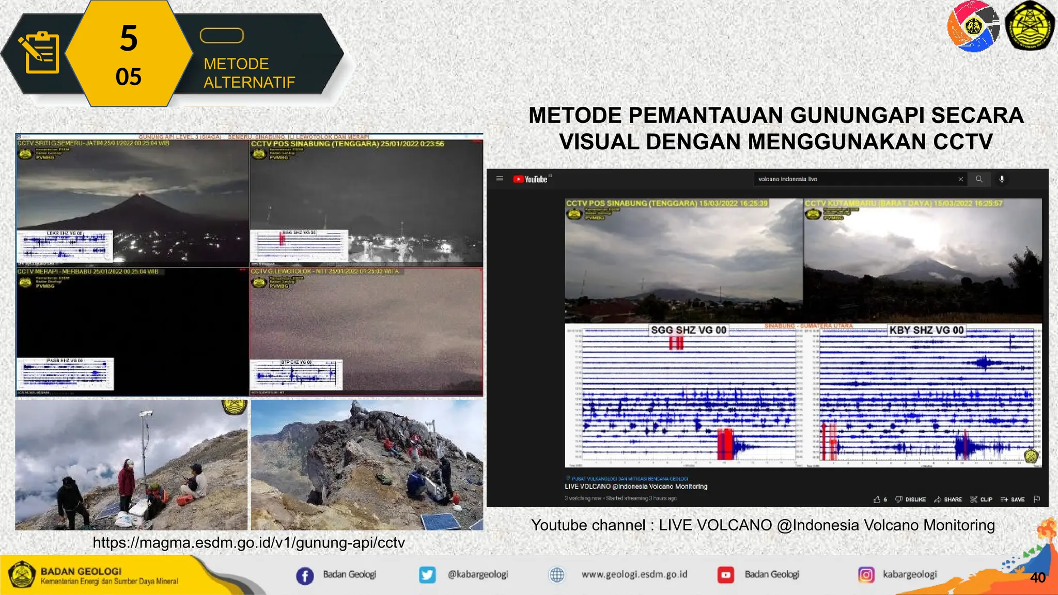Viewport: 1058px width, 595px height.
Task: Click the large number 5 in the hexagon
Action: coord(129,38)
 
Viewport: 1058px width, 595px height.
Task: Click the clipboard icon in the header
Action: coord(40,53)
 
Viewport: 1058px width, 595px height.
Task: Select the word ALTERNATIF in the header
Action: coord(249,82)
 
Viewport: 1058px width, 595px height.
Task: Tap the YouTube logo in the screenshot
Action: coord(531,179)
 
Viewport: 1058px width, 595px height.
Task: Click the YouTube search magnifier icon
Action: coord(978,179)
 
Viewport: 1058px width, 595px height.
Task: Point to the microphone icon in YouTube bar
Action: coord(1002,179)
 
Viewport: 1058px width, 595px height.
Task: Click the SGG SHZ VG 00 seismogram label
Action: coord(688,330)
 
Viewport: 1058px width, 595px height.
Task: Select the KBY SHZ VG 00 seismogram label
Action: coord(926,330)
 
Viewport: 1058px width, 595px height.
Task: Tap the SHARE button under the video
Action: coord(948,499)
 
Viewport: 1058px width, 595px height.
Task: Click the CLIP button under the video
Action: coord(982,499)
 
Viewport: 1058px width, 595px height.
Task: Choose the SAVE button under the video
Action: coord(1013,499)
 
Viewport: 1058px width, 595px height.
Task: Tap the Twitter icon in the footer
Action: coord(427,575)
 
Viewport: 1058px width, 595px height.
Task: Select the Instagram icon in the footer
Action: coord(866,575)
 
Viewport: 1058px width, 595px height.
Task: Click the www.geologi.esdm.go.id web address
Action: coord(634,574)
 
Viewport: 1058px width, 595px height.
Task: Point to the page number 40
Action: coord(1037,577)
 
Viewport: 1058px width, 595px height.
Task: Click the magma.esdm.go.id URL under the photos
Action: coord(248,542)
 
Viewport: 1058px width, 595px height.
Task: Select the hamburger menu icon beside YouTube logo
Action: coord(500,179)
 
